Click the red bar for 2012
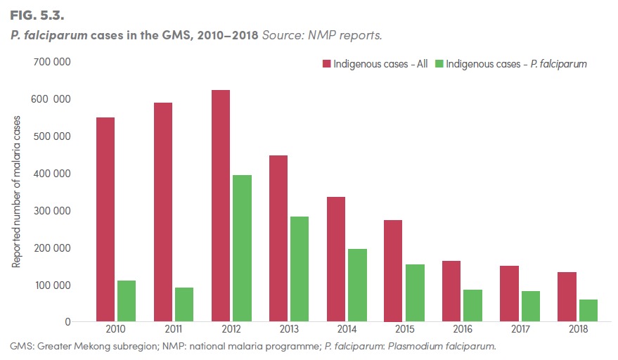pyautogui.click(x=220, y=205)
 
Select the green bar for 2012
pyautogui.click(x=241, y=248)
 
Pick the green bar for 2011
pyautogui.click(x=184, y=304)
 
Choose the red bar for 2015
pyautogui.click(x=393, y=271)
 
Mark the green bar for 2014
pyautogui.click(x=356, y=285)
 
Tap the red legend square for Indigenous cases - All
pyautogui.click(x=326, y=64)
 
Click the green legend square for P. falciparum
pyautogui.click(x=439, y=64)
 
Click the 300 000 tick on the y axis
pyautogui.click(x=51, y=210)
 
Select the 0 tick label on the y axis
pyautogui.click(x=67, y=322)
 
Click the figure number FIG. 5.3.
pyautogui.click(x=37, y=13)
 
